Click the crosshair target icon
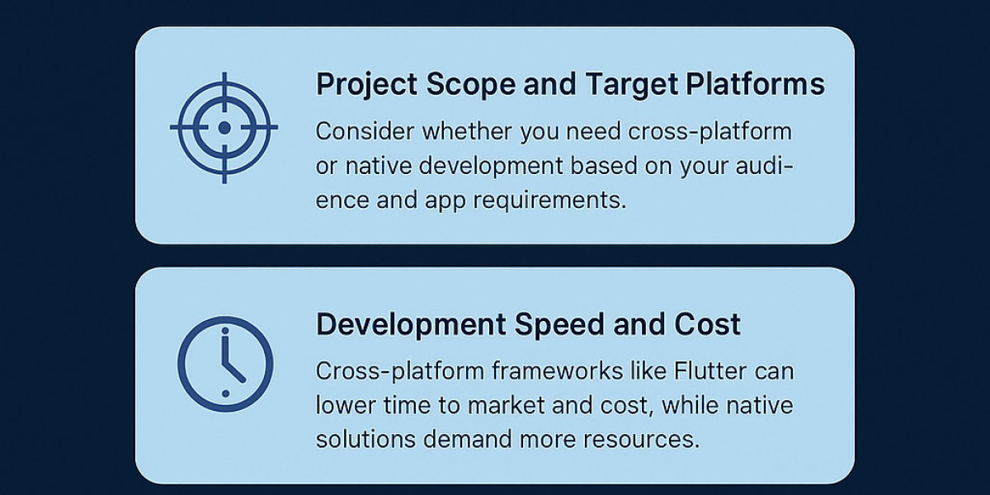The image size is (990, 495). [x=224, y=127]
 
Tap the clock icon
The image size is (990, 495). [x=224, y=364]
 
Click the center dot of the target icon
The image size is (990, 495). [x=224, y=127]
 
